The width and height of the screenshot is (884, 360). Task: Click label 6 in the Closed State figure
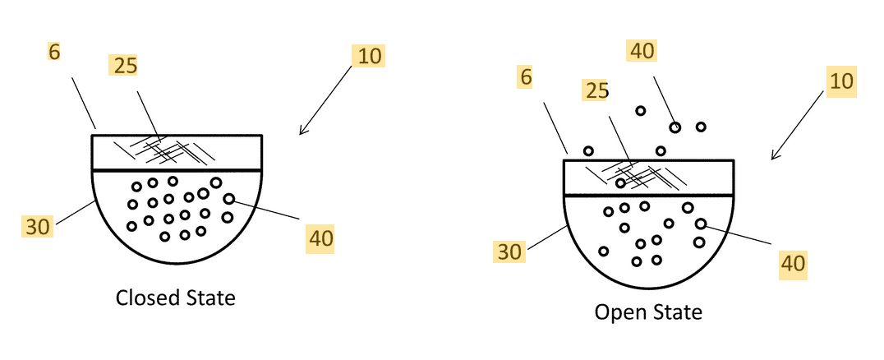pyautogui.click(x=53, y=53)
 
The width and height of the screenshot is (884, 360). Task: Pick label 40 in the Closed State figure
pyautogui.click(x=321, y=239)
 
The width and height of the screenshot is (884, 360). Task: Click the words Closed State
pyautogui.click(x=175, y=298)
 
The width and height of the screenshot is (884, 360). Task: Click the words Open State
pyautogui.click(x=648, y=312)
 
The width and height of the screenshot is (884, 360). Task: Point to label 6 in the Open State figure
pyautogui.click(x=527, y=78)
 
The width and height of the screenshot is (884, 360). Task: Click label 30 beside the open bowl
pyautogui.click(x=510, y=252)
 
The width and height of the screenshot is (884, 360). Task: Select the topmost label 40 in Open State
pyautogui.click(x=642, y=52)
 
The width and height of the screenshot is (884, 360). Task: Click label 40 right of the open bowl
pyautogui.click(x=792, y=263)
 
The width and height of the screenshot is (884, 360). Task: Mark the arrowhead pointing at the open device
pyautogui.click(x=774, y=156)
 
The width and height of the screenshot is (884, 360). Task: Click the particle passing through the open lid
pyautogui.click(x=621, y=182)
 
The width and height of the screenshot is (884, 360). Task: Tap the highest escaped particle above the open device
pyautogui.click(x=640, y=111)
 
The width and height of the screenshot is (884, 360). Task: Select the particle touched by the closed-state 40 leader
pyautogui.click(x=228, y=199)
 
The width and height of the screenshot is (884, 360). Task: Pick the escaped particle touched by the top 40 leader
pyautogui.click(x=675, y=127)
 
